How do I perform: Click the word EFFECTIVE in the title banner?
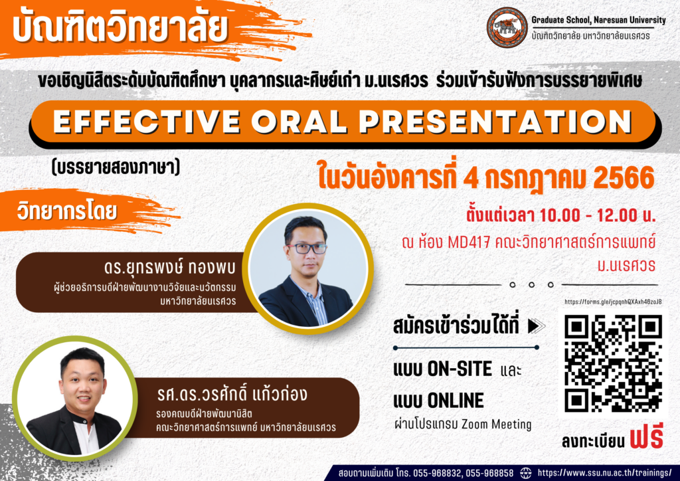[147, 122]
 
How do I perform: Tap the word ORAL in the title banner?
[299, 122]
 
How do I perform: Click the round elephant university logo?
[507, 27]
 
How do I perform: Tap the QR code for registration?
[613, 363]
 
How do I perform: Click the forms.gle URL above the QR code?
[613, 302]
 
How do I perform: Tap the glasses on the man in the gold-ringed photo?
[307, 248]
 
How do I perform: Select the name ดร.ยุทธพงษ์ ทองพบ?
[169, 268]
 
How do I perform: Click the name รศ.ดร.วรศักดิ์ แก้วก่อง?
[232, 394]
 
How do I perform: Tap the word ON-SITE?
[460, 369]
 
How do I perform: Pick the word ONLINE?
[456, 401]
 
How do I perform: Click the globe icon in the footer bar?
[526, 473]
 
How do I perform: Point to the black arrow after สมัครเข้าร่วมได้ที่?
[537, 326]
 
